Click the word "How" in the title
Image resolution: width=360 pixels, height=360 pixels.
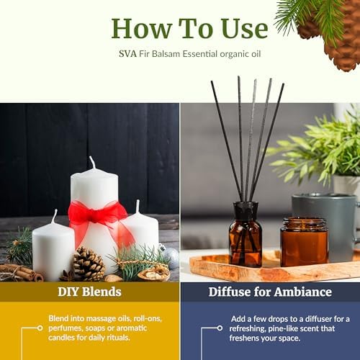click(142, 28)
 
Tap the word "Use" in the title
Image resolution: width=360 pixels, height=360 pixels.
click(244, 28)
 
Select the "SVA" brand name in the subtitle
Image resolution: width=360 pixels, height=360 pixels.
click(127, 54)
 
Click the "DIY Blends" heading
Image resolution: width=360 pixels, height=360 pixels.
click(89, 292)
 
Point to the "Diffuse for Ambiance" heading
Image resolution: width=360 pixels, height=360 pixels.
click(270, 292)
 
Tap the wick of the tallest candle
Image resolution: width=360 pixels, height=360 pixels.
click(92, 163)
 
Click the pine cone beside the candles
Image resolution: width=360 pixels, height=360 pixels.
click(89, 264)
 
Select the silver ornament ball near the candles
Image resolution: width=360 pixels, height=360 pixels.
click(171, 257)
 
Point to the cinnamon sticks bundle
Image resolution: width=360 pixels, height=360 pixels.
click(22, 273)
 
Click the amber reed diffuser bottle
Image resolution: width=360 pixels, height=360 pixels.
click(246, 235)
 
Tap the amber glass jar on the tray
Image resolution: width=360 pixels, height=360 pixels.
click(304, 242)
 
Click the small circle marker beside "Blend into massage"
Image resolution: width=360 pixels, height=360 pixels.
click(40, 328)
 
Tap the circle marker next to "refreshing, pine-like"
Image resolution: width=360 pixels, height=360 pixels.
click(220, 328)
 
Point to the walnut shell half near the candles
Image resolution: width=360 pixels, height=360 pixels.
click(154, 274)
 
